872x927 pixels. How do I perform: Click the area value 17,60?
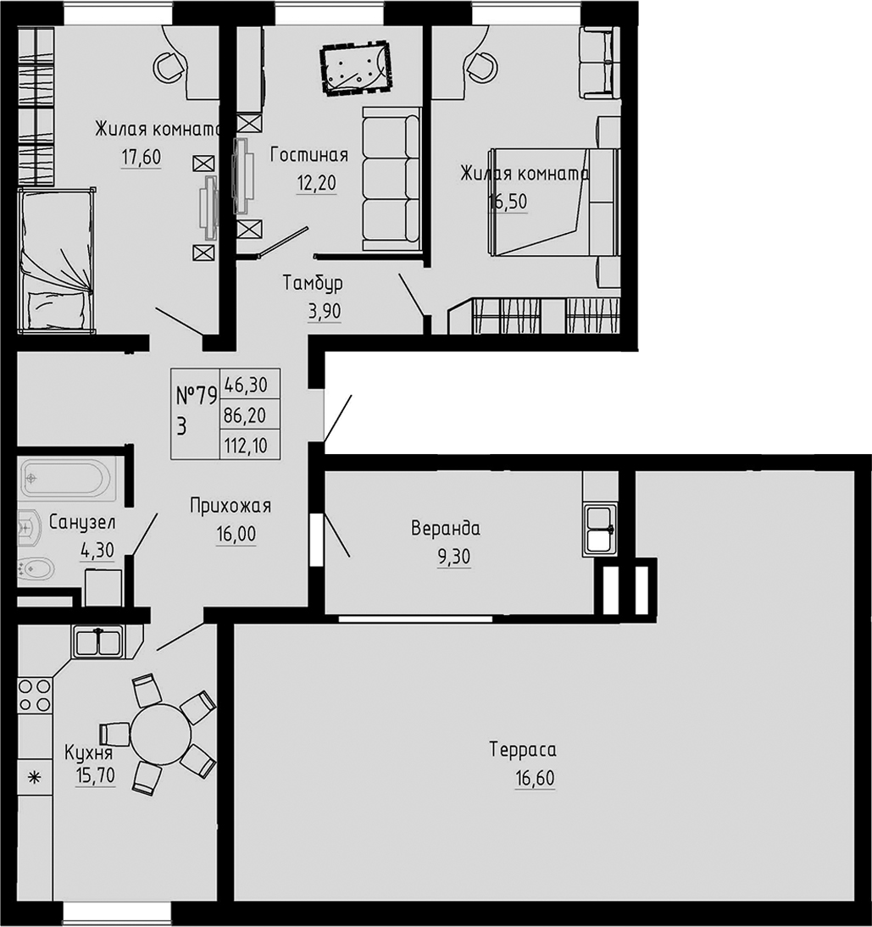tap(141, 158)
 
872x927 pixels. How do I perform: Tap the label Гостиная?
tap(309, 155)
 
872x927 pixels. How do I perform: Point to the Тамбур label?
tap(313, 283)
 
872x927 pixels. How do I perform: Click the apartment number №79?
tap(196, 395)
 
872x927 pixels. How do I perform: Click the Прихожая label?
tap(230, 507)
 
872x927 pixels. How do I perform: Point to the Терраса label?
tap(522, 750)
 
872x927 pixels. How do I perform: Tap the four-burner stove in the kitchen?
tap(35, 695)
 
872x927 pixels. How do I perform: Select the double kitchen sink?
tap(99, 641)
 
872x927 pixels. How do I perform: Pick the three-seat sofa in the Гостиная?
tap(392, 179)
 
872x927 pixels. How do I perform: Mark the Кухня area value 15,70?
tap(94, 774)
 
